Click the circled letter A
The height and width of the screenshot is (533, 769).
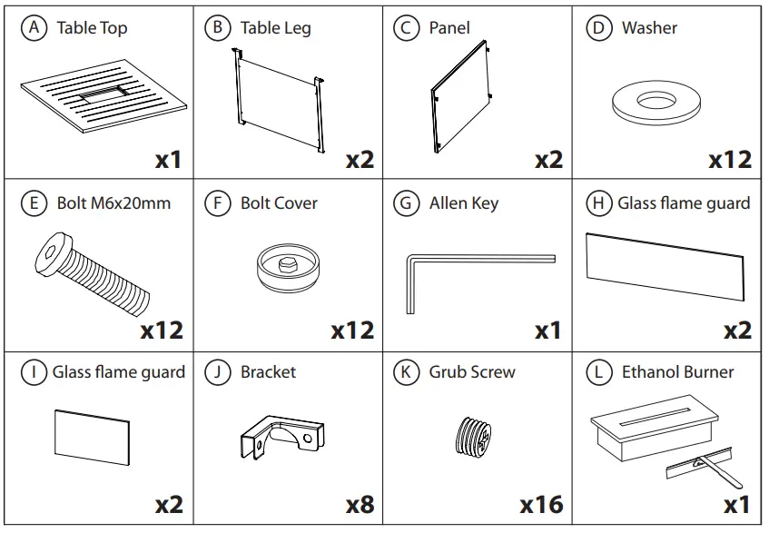[x=34, y=27]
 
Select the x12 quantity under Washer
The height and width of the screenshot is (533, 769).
[x=730, y=159]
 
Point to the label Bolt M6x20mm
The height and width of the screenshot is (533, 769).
[x=113, y=202]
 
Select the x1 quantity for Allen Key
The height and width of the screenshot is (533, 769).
[x=547, y=331]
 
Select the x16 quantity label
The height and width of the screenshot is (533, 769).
[x=541, y=502]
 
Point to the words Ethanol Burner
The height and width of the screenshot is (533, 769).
[x=677, y=371]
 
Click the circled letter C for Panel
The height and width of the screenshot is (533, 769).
[x=405, y=27]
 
